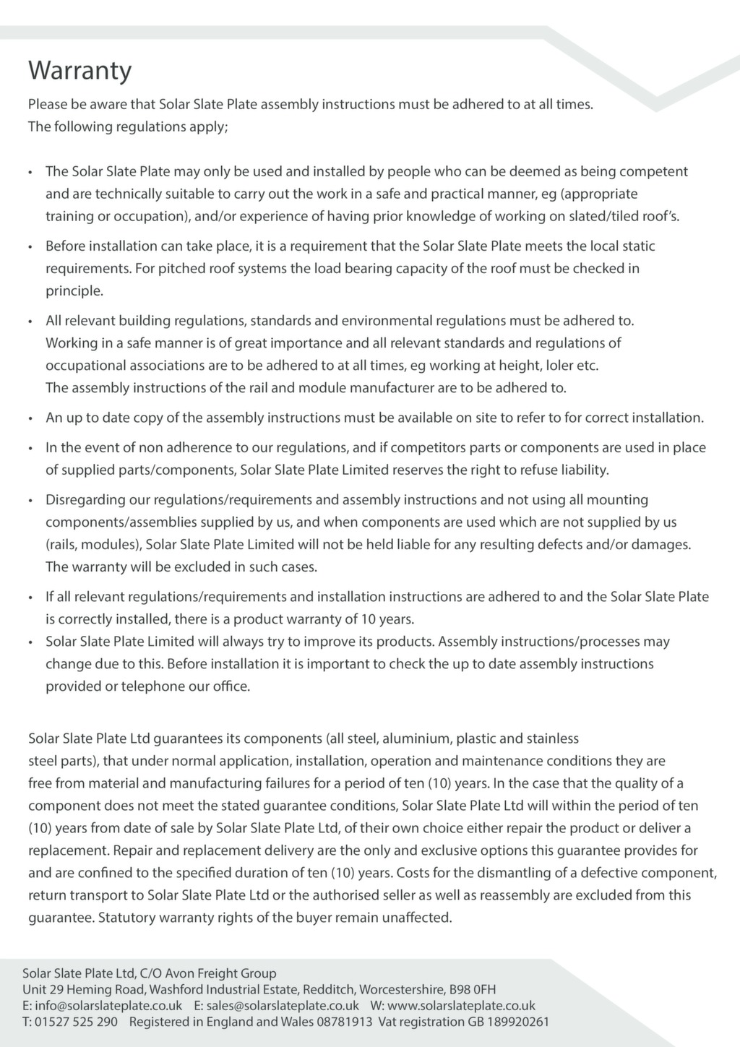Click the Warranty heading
80,71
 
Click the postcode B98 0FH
473,989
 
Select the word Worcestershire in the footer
401,989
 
